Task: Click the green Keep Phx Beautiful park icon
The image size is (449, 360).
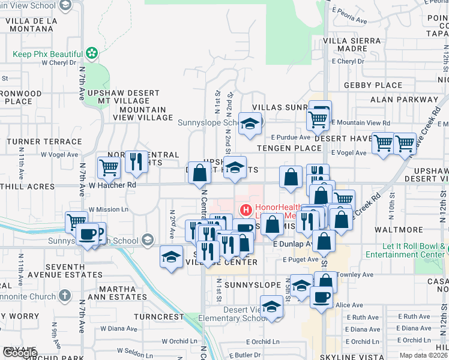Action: (x=91, y=54)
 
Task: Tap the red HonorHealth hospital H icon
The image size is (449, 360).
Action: (x=245, y=211)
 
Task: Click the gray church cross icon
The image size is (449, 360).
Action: (x=65, y=295)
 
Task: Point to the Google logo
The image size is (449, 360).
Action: (x=19, y=353)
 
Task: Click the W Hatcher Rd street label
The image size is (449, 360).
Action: (x=112, y=185)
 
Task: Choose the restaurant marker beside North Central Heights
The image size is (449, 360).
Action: (x=136, y=161)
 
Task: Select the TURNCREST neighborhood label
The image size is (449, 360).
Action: (x=158, y=316)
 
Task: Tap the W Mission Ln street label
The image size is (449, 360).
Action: (x=109, y=209)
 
